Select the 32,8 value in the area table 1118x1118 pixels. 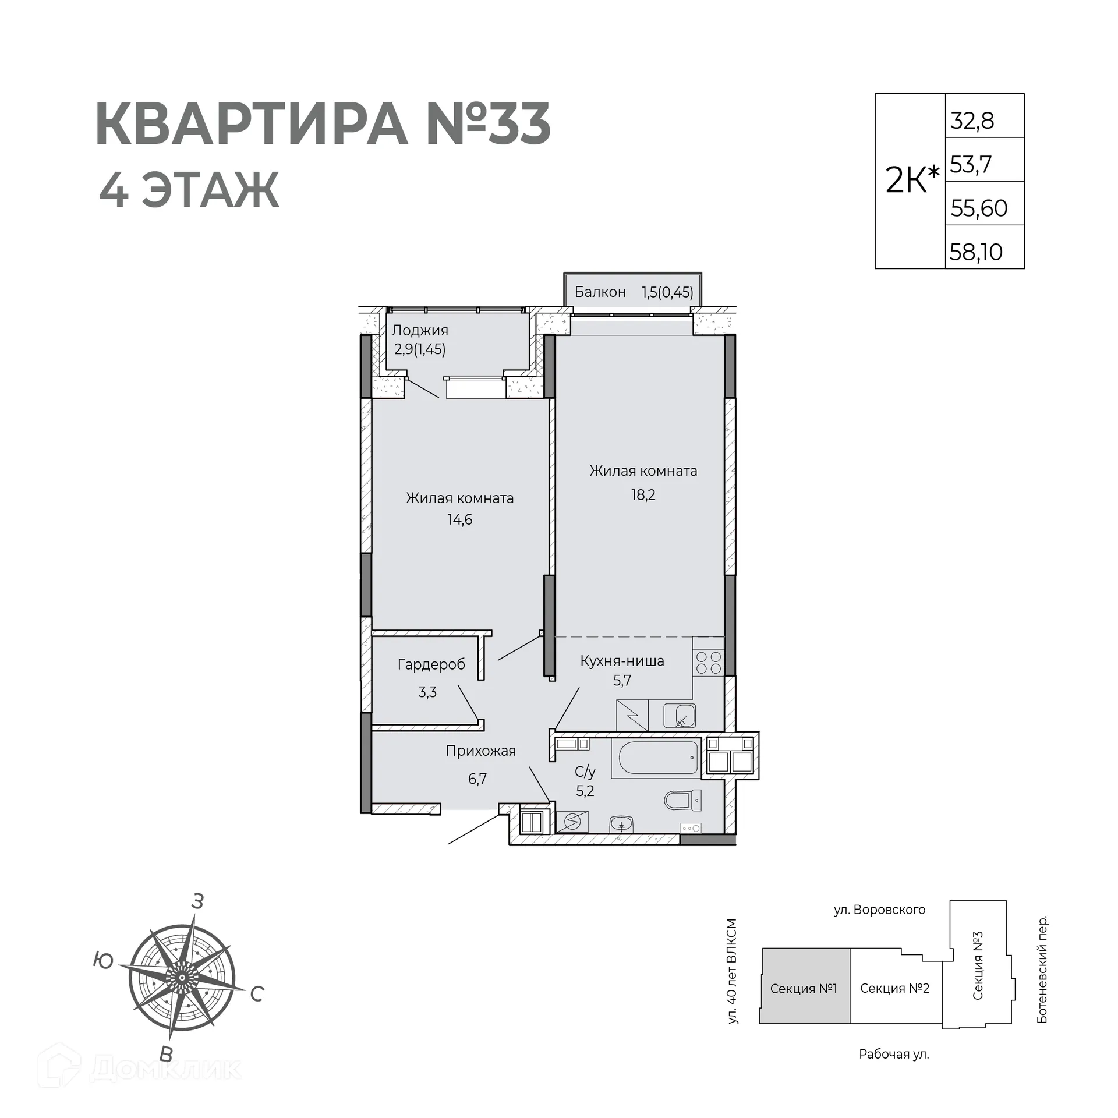point(972,121)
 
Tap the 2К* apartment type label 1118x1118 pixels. point(911,180)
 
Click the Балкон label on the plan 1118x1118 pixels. point(600,292)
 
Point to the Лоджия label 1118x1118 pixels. point(420,330)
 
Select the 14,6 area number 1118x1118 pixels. point(459,519)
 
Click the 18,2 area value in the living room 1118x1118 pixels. point(643,495)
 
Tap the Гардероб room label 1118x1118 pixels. point(431,664)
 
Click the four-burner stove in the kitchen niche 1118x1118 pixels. point(708,663)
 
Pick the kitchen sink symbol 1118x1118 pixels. point(680,716)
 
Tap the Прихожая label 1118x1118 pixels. point(480,751)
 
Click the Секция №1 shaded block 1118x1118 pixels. point(804,988)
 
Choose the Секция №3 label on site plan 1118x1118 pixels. point(978,966)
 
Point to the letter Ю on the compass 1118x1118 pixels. point(103,960)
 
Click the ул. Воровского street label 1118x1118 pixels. point(879,910)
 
